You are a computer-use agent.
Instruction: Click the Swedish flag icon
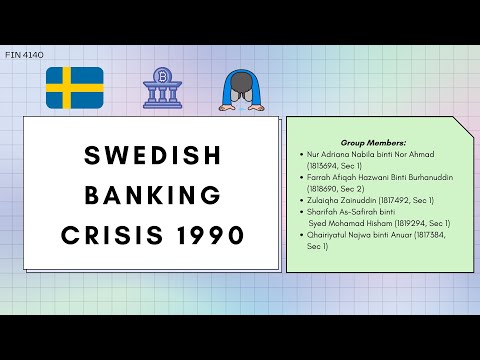click(x=75, y=88)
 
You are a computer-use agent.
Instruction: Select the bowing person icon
click(x=241, y=91)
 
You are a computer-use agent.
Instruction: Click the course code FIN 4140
click(x=24, y=55)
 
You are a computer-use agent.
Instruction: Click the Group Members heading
click(x=367, y=144)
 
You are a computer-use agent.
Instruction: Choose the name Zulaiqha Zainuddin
click(x=343, y=199)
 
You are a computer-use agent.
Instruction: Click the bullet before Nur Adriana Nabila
click(x=301, y=155)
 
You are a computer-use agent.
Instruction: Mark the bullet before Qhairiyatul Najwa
click(x=301, y=234)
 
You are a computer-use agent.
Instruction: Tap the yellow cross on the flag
click(x=68, y=88)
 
